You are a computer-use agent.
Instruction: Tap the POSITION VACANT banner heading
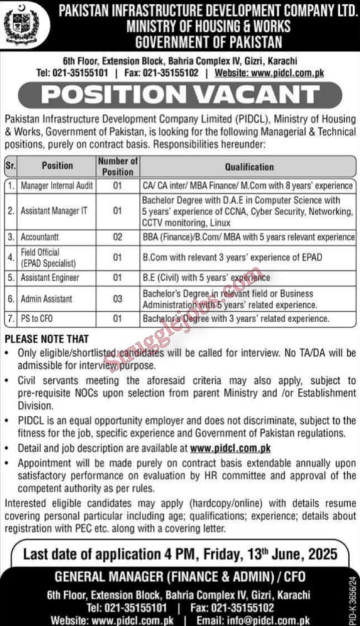tap(180, 95)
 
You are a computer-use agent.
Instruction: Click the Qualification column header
tap(249, 166)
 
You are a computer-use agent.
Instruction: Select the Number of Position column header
tap(117, 166)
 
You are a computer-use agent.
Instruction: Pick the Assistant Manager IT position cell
tap(54, 210)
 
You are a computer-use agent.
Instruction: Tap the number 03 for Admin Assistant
tap(117, 300)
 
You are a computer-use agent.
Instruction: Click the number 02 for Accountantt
tap(117, 236)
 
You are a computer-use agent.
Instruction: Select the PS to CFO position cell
tap(39, 319)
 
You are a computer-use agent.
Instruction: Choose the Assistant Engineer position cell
tap(51, 278)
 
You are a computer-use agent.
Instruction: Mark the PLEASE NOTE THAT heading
tap(46, 339)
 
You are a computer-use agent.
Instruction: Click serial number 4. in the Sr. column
tap(11, 257)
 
